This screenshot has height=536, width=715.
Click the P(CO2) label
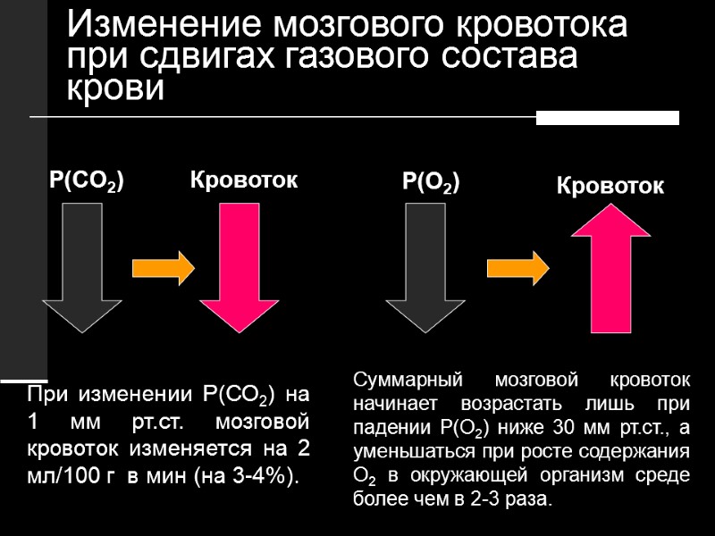86,181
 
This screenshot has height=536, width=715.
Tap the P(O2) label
431,183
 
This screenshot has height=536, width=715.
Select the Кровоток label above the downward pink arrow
243,180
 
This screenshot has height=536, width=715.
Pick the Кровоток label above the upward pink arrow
610,187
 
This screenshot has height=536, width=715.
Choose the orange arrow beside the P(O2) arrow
517,267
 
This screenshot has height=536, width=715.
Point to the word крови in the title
116,88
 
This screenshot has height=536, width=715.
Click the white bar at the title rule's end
608,118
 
